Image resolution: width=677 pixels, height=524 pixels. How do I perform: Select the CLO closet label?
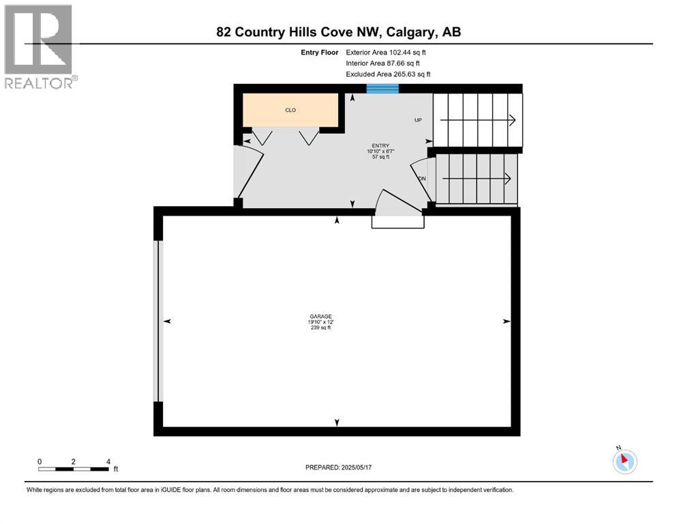(290, 110)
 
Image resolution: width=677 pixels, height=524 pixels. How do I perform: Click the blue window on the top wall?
(382, 87)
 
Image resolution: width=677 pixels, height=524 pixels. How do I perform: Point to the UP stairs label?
(419, 120)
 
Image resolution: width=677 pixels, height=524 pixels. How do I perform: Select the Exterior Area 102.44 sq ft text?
(387, 52)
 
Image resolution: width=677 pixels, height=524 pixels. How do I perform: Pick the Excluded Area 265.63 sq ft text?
(388, 74)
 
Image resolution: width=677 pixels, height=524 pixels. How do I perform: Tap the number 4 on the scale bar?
(108, 461)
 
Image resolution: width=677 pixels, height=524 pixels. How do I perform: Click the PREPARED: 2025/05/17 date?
(338, 467)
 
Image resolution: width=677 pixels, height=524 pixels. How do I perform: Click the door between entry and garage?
(397, 212)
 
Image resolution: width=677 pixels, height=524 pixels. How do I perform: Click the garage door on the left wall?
(158, 321)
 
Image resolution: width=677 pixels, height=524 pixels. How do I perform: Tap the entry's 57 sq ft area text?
(380, 157)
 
